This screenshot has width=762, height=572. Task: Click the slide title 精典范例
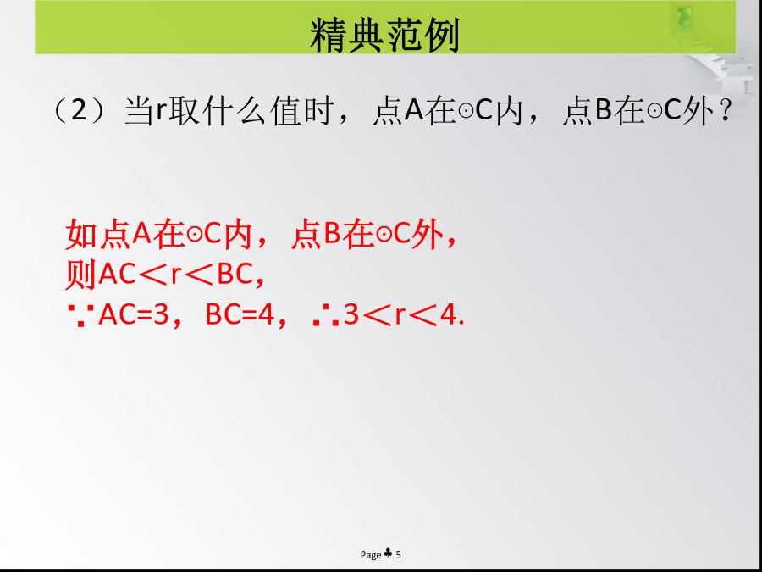tap(384, 35)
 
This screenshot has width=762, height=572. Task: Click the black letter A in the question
tap(414, 111)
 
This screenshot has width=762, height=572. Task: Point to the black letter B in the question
tap(603, 111)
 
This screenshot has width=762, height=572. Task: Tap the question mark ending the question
tap(725, 112)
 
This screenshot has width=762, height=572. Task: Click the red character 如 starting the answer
tap(81, 235)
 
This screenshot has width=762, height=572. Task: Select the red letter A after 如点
tap(142, 235)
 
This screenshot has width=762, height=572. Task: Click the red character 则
tap(81, 275)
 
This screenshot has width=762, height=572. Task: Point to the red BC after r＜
tap(234, 275)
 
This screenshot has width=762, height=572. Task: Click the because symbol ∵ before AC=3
tap(81, 316)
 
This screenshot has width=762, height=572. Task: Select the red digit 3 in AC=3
tap(160, 316)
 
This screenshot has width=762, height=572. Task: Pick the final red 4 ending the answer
tap(449, 316)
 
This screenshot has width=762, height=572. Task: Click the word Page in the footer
tap(371, 555)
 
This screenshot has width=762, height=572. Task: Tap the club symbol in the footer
tap(388, 553)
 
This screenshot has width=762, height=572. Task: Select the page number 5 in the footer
tap(399, 554)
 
